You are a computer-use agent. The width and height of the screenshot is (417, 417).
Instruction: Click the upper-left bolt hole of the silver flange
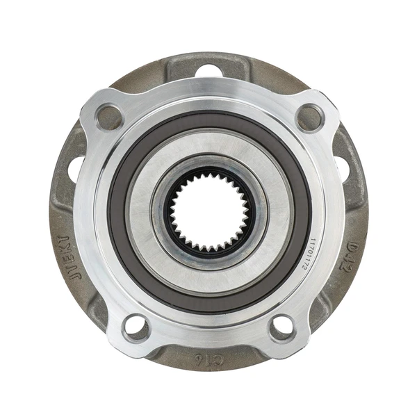click(109, 117)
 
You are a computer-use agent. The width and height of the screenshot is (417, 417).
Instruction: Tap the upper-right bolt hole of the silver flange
click(310, 117)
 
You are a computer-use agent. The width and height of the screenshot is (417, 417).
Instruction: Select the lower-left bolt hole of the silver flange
click(136, 327)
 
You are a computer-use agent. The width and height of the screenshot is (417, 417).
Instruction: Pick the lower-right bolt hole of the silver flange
click(281, 327)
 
